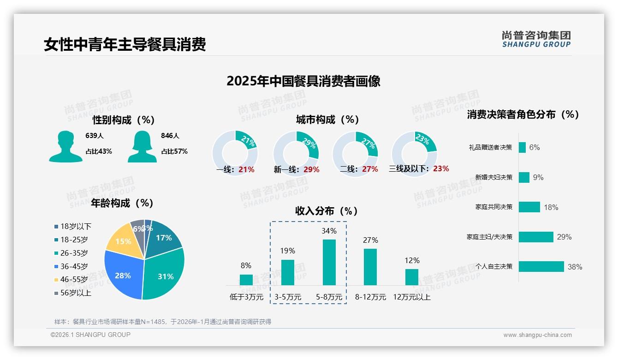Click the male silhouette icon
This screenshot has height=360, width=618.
[x=65, y=146]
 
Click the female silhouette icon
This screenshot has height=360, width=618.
[x=142, y=146]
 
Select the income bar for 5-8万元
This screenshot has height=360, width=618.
[x=329, y=262]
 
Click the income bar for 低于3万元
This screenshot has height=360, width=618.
[x=246, y=280]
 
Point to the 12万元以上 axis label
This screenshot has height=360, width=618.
[x=411, y=297]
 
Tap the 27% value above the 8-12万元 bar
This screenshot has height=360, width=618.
[x=370, y=240]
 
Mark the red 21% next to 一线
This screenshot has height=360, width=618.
[x=246, y=169]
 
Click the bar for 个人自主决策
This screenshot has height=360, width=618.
[x=541, y=266]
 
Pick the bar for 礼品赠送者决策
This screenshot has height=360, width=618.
[x=522, y=147]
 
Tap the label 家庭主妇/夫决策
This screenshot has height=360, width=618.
[x=489, y=237]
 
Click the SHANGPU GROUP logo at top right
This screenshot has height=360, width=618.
[x=536, y=39]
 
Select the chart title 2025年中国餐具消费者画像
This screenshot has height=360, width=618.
[x=303, y=81]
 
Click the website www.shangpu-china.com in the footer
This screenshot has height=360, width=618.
[x=537, y=335]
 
